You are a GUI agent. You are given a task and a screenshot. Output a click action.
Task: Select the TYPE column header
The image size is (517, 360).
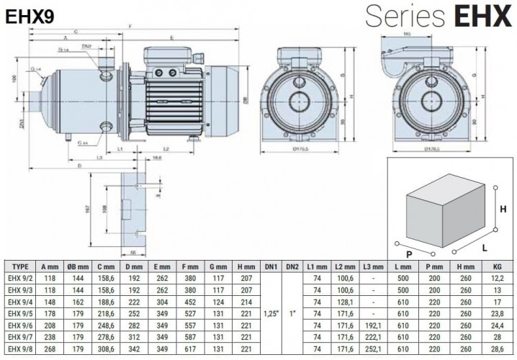click(x=21, y=266)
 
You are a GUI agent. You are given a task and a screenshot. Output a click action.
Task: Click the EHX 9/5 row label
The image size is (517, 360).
click(x=21, y=314)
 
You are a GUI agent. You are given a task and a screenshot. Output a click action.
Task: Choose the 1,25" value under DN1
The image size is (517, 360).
click(x=271, y=314)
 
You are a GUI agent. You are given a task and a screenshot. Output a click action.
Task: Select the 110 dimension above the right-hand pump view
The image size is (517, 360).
click(x=407, y=34)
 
